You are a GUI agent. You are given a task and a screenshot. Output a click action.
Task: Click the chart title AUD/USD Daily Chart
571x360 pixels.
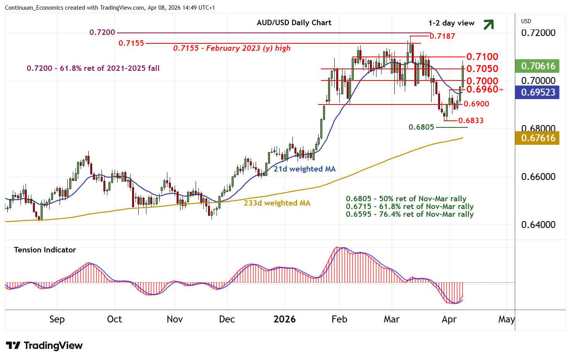(x=294, y=22)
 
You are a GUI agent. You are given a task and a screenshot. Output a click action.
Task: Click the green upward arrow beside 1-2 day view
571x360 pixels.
(x=488, y=24)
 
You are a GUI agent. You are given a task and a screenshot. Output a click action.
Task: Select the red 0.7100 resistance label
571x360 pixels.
(x=482, y=57)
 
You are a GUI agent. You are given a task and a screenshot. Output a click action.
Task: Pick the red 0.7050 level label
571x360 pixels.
(x=482, y=69)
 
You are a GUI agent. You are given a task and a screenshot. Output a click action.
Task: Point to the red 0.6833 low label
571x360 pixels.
(x=471, y=120)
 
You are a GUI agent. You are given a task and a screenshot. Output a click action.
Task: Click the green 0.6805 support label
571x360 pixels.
(x=421, y=127)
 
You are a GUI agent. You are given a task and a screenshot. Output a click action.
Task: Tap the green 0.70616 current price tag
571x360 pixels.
(x=538, y=66)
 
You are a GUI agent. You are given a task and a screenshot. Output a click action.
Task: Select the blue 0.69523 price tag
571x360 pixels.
(x=538, y=92)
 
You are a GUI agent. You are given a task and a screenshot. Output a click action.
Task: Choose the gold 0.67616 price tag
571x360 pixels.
(x=538, y=138)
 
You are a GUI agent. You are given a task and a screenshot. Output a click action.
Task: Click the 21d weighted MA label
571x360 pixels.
(x=304, y=169)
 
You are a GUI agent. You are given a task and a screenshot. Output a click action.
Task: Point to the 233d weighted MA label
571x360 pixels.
(x=277, y=203)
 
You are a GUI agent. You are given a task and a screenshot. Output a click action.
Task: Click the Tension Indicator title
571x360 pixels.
(x=45, y=250)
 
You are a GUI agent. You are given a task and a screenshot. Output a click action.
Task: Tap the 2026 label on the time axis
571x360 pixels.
(x=285, y=319)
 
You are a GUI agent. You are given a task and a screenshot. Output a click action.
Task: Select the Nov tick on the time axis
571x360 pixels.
(x=175, y=319)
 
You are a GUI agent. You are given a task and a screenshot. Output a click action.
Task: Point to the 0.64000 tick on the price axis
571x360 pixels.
(x=538, y=225)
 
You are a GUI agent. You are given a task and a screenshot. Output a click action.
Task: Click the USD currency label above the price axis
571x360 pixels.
(x=526, y=21)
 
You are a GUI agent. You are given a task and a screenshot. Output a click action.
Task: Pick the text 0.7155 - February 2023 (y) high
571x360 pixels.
(x=232, y=48)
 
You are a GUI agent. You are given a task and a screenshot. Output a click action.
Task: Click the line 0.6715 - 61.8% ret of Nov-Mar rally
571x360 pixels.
(x=409, y=206)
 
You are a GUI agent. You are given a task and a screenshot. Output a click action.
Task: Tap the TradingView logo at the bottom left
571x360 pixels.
(x=45, y=346)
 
